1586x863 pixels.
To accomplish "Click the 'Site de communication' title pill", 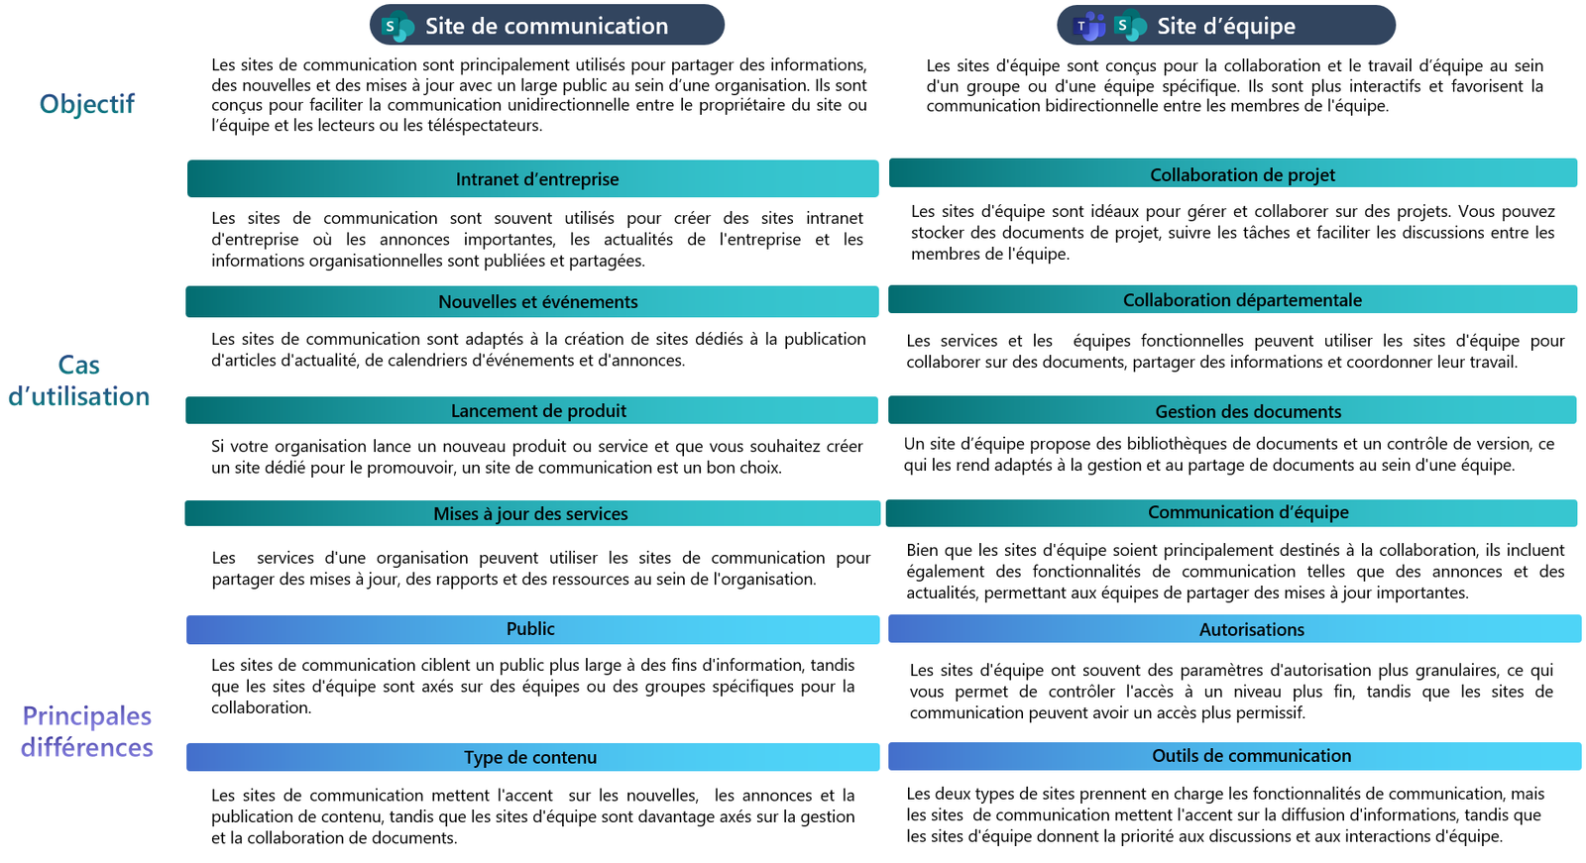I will coord(546,26).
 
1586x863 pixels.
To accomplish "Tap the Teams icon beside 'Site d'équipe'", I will coord(1089,27).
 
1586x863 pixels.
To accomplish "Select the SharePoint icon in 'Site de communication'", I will coord(397,27).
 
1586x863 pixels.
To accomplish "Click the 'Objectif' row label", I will coord(87,104).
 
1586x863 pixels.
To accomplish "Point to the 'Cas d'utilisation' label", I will coord(79,380).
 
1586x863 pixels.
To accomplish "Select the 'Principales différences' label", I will coord(87,731).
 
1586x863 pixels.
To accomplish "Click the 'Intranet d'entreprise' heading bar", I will coord(536,179).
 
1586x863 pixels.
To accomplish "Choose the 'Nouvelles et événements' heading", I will coord(537,302).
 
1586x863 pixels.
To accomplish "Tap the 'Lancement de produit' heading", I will coord(538,411).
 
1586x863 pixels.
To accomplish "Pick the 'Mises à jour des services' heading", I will coord(530,514).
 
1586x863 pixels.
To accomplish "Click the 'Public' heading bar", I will coord(530,629).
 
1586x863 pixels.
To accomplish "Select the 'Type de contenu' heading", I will coord(530,758).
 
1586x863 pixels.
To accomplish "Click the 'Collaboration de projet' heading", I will coord(1242,175).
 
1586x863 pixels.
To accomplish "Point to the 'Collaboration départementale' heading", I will coord(1242,300).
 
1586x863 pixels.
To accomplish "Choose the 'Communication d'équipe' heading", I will coord(1248,512).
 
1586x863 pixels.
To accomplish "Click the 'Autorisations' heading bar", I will coord(1251,630).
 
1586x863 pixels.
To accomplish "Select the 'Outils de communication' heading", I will coord(1251,756).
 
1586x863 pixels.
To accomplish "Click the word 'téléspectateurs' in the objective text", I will coord(486,126).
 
